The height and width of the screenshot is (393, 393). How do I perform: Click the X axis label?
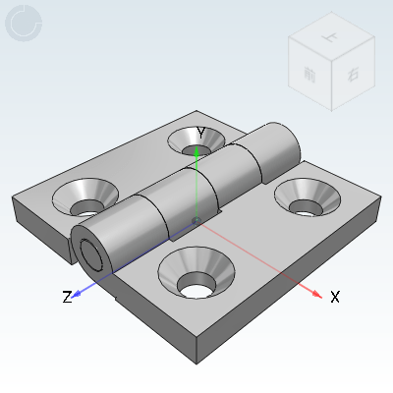[x=335, y=296]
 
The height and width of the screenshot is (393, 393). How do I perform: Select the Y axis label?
[x=200, y=132]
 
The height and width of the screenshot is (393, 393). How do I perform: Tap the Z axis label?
[x=67, y=297]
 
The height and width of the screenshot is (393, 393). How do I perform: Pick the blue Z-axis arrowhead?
[x=79, y=291]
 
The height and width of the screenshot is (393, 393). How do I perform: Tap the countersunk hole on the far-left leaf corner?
[x=86, y=197]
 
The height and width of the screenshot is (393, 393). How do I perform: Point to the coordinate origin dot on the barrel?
[x=196, y=219]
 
